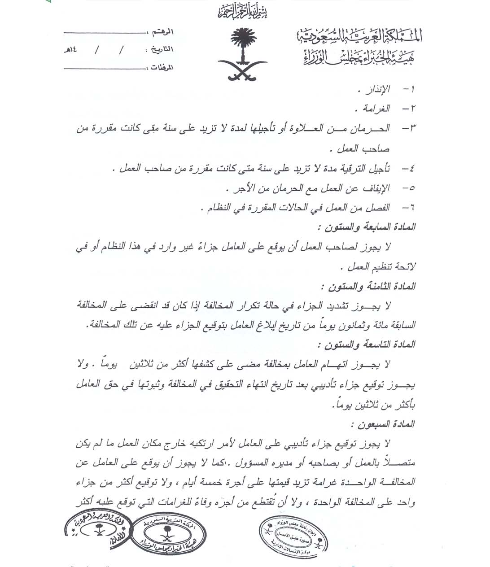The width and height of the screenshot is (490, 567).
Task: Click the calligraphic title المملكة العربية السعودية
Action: [359, 36]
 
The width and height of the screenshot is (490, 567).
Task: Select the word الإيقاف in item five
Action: [376, 188]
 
